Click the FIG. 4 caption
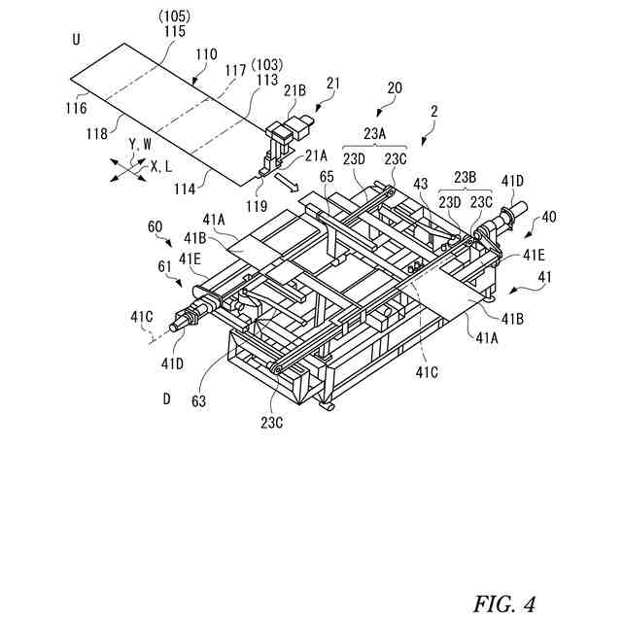(504, 604)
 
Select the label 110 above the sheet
(206, 57)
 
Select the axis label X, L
(161, 167)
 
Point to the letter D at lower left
(166, 397)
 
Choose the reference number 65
(327, 178)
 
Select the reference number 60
(155, 226)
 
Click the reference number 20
(395, 86)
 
